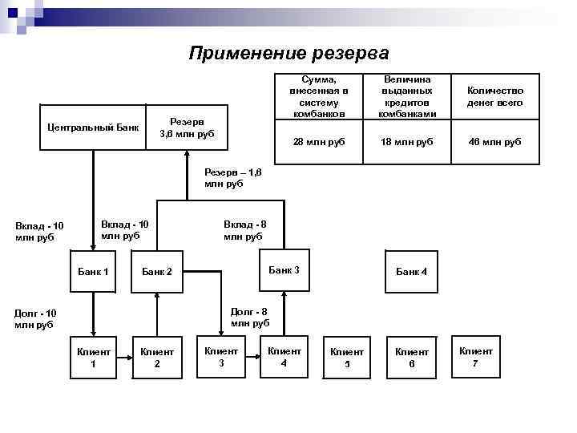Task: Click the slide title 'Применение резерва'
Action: [x=288, y=54]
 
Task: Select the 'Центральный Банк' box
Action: [x=93, y=127]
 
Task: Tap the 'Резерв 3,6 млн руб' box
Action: [x=187, y=127]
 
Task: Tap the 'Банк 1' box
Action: [x=93, y=272]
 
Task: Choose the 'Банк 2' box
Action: [x=157, y=272]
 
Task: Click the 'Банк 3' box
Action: [x=284, y=270]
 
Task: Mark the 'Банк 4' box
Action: [x=412, y=272]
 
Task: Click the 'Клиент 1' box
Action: [x=93, y=358]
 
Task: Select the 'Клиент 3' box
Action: [x=221, y=357]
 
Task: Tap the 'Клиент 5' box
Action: [x=347, y=358]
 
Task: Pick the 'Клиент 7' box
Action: [x=475, y=357]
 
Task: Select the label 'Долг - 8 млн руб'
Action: [x=249, y=317]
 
